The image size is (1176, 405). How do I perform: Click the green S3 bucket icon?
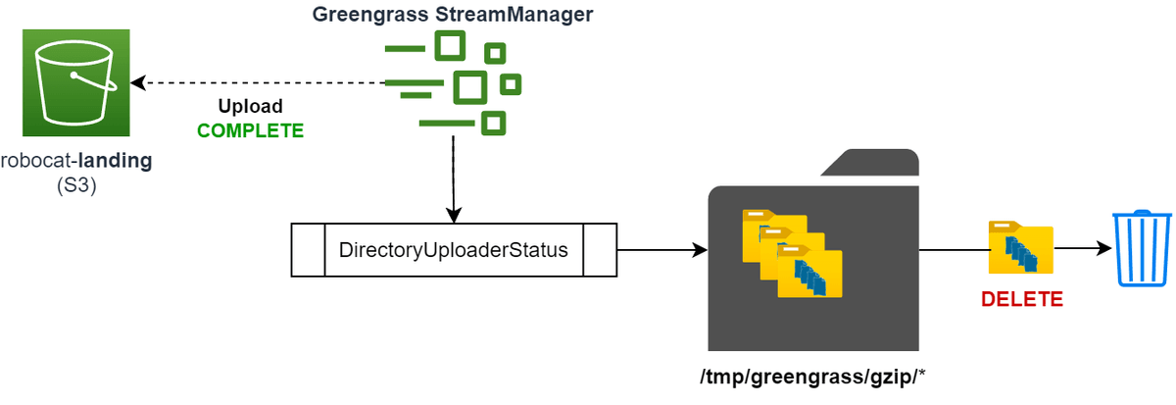[x=77, y=81]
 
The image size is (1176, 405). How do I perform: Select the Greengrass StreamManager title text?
[x=453, y=16]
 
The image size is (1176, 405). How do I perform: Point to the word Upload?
[x=250, y=106]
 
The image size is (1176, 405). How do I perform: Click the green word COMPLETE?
[x=250, y=130]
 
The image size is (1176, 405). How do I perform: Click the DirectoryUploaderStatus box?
[x=453, y=249]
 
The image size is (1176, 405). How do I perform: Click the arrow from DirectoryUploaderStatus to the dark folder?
[x=662, y=250]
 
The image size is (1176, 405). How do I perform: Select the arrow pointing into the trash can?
[x=1083, y=250]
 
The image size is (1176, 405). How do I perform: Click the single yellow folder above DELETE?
[x=1021, y=249]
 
